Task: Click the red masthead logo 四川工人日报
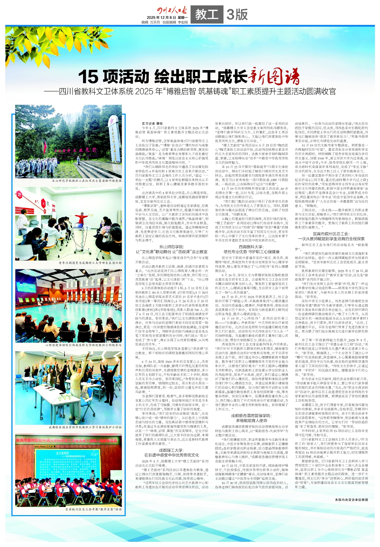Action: pos(172,10)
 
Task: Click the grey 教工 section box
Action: pos(207,14)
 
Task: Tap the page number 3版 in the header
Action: pos(237,14)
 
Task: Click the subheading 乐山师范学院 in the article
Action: pos(171,247)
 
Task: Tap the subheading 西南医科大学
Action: pos(251,247)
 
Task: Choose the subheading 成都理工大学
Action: pos(171,450)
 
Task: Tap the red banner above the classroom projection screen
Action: pos(69,441)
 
